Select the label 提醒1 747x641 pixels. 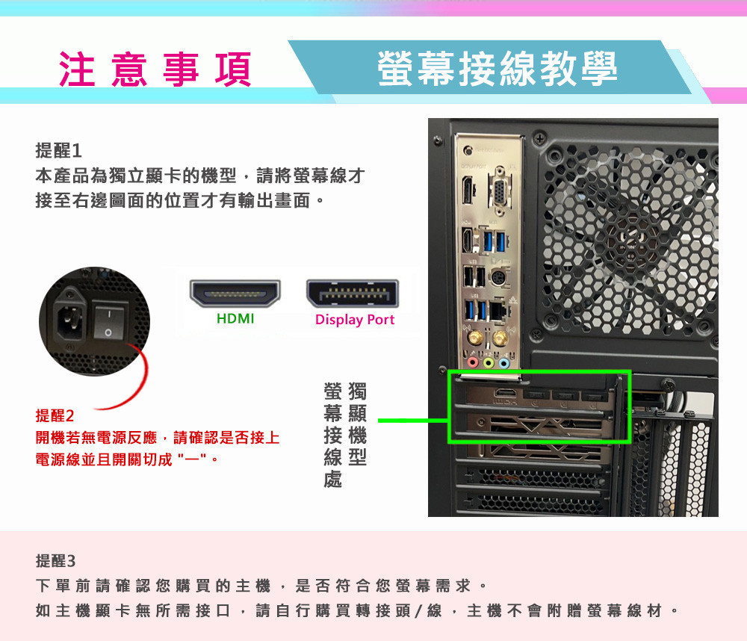click(x=58, y=150)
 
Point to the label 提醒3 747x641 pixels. click(x=56, y=560)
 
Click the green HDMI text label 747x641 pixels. click(x=235, y=319)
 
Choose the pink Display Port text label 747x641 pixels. click(x=354, y=320)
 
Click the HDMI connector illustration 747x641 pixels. click(x=235, y=294)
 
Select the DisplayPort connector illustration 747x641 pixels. click(x=353, y=294)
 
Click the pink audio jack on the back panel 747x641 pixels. click(x=471, y=363)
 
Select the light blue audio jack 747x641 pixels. click(x=504, y=363)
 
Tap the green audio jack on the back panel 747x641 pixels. click(x=488, y=363)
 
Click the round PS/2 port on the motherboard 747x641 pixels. click(x=497, y=279)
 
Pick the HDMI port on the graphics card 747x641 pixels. click(x=506, y=394)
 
